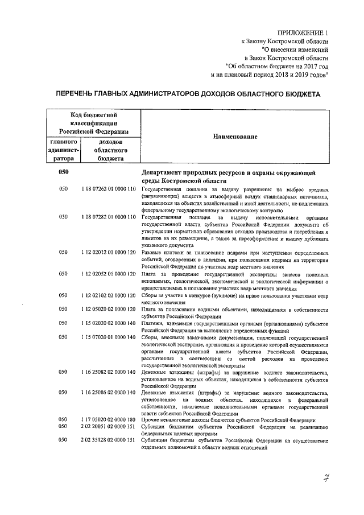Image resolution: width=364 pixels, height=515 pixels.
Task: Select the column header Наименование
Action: click(x=235, y=137)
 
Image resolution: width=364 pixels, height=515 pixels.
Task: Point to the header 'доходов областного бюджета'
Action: click(x=110, y=150)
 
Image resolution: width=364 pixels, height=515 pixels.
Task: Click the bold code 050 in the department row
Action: click(x=64, y=172)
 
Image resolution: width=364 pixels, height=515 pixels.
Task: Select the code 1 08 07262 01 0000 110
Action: click(x=108, y=188)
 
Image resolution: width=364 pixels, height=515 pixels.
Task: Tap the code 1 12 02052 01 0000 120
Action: click(x=108, y=274)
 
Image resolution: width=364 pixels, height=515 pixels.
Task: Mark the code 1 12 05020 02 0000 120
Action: click(x=108, y=310)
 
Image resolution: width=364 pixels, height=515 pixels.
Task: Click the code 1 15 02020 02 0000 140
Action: click(x=108, y=324)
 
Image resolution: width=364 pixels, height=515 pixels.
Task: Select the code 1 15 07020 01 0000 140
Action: click(x=108, y=337)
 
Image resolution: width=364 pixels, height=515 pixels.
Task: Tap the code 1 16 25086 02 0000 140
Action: click(x=108, y=393)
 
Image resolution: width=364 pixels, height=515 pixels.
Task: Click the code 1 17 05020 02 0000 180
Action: click(x=108, y=420)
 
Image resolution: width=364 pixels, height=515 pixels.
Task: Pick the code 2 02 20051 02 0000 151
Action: click(x=108, y=427)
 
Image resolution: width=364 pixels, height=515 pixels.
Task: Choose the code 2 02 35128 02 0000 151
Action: click(x=108, y=440)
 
